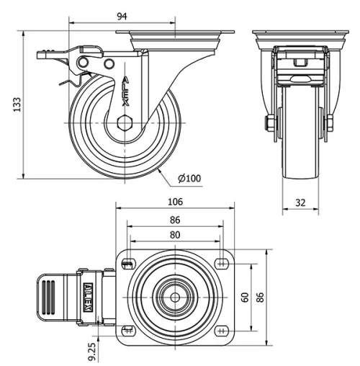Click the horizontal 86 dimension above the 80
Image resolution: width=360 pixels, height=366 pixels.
tap(175, 220)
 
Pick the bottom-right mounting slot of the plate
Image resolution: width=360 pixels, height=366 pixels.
tap(220, 331)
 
